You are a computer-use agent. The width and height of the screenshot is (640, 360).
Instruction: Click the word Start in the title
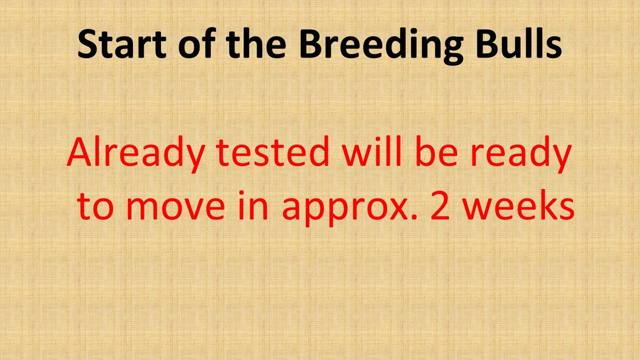tap(122, 44)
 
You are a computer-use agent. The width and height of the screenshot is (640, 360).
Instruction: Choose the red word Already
tap(136, 155)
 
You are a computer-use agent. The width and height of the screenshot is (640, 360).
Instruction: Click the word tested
tap(273, 151)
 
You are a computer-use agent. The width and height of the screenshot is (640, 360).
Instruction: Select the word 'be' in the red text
tap(437, 151)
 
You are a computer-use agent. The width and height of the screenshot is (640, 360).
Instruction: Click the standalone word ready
tap(521, 155)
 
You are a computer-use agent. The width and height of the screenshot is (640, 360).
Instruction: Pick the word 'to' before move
tap(95, 206)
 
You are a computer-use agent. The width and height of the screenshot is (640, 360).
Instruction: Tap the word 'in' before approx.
tap(253, 205)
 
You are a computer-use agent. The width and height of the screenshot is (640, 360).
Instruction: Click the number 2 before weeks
tap(441, 206)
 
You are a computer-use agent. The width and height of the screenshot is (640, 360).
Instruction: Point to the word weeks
tap(518, 205)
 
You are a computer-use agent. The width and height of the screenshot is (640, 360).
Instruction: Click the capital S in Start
tap(87, 44)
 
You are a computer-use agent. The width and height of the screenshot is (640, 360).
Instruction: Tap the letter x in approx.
tap(399, 209)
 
